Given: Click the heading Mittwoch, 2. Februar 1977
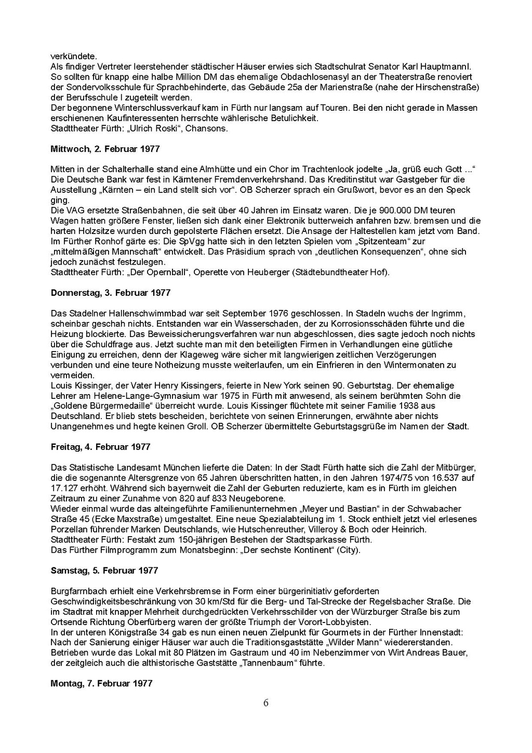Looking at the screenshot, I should coord(105,149).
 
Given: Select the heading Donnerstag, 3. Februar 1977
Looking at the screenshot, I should coord(111,293).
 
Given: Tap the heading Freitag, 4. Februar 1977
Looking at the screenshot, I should coord(101,447).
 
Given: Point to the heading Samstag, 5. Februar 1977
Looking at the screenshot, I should coord(104,570).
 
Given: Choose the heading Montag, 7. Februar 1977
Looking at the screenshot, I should coord(101,683).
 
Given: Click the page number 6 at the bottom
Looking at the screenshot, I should coord(266,703).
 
